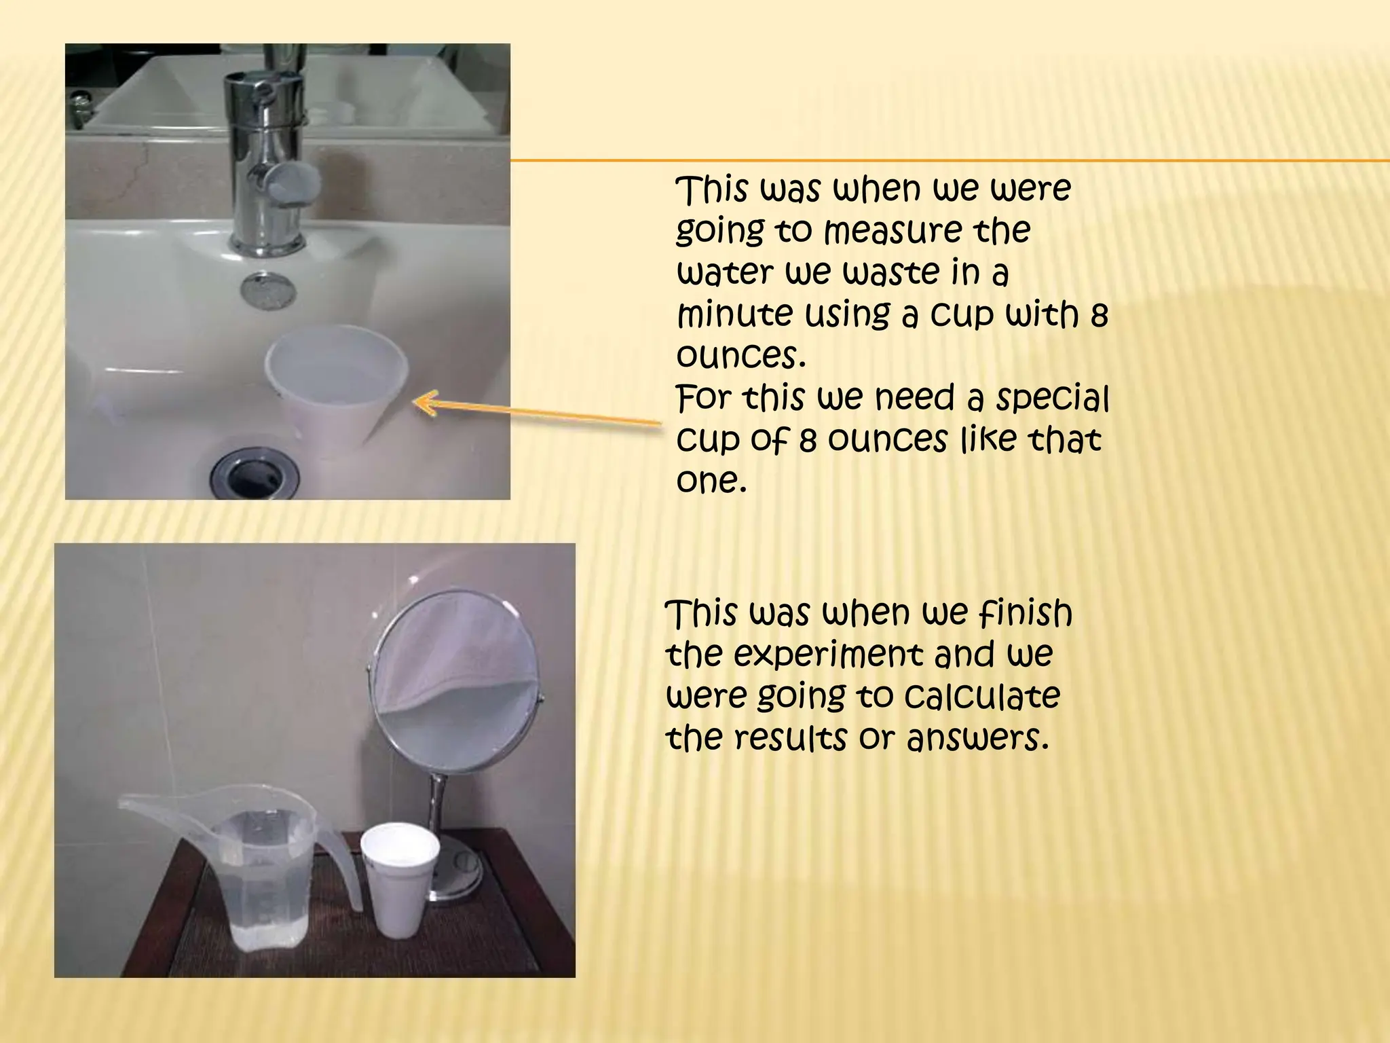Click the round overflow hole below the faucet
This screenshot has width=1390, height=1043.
pyautogui.click(x=268, y=288)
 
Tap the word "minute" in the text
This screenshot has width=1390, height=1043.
pyautogui.click(x=736, y=314)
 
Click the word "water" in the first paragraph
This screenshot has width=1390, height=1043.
pyautogui.click(x=726, y=272)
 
